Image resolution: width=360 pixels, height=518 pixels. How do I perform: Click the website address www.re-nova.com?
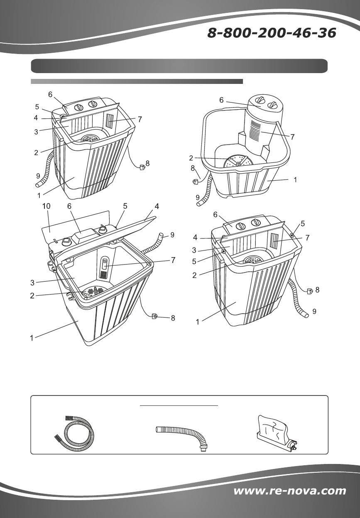click(x=290, y=491)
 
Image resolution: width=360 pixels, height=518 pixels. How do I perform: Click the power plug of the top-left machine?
click(x=142, y=167)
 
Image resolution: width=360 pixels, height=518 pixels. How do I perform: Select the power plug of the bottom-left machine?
click(x=154, y=316)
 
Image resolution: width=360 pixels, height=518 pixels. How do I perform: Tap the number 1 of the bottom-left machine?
click(x=32, y=338)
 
